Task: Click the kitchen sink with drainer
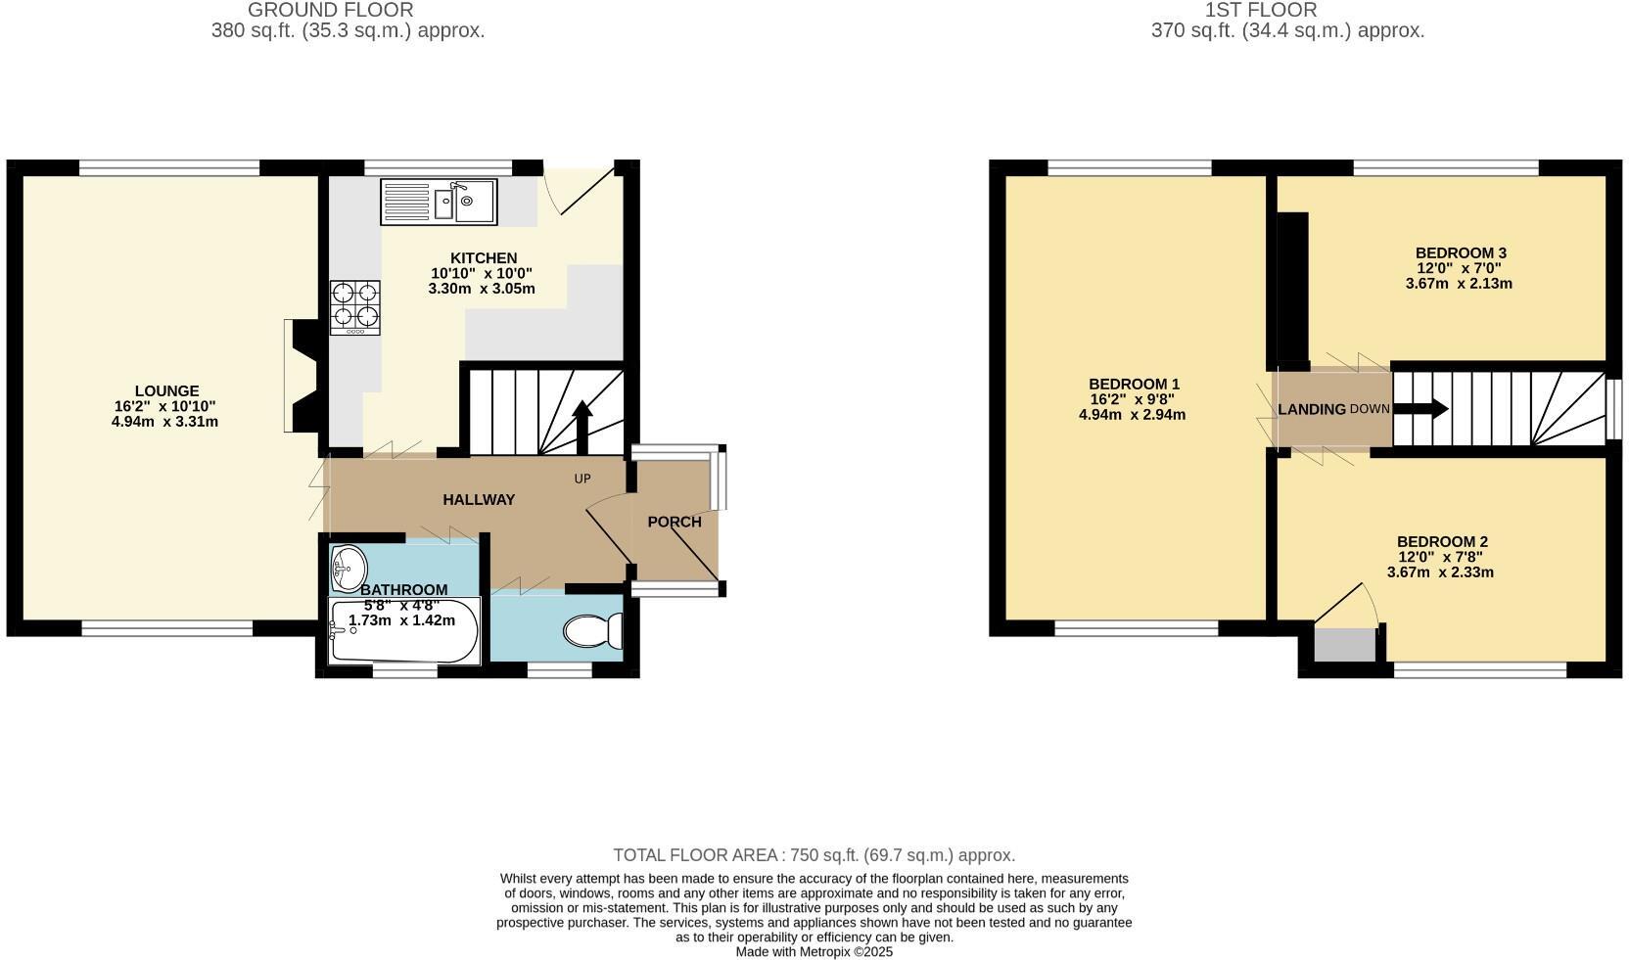click(x=439, y=203)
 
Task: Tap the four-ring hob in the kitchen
click(x=355, y=306)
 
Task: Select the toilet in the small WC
click(x=593, y=631)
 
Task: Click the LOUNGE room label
click(x=166, y=390)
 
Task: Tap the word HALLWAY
click(x=479, y=500)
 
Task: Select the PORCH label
click(x=675, y=522)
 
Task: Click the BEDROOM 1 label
click(x=1134, y=384)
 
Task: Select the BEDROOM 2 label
click(x=1442, y=541)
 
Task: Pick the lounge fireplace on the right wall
click(x=299, y=376)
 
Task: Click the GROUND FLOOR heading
click(x=331, y=10)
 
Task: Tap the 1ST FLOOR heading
click(x=1260, y=10)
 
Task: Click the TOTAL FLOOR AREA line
click(x=814, y=855)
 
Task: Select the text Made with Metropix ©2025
click(x=814, y=951)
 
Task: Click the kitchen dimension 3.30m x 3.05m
click(x=481, y=289)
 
